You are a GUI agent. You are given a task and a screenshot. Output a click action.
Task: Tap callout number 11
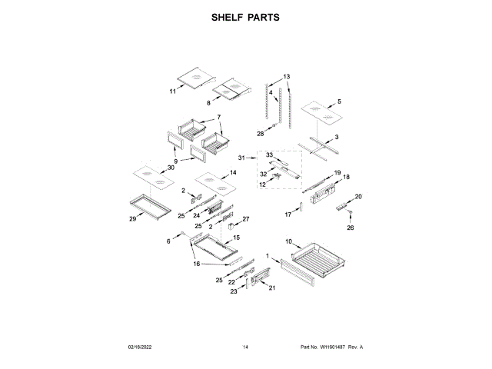173,91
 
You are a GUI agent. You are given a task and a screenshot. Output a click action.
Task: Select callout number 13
287,77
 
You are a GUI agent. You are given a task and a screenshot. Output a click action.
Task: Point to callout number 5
340,101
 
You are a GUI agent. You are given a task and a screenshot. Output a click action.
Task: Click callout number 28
260,134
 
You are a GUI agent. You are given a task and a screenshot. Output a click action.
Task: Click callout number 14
233,174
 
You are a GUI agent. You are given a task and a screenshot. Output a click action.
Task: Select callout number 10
289,242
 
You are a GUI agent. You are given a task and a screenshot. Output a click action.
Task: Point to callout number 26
351,228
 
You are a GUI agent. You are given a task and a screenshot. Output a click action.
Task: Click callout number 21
271,288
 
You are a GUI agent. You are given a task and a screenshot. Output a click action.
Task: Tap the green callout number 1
268,255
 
